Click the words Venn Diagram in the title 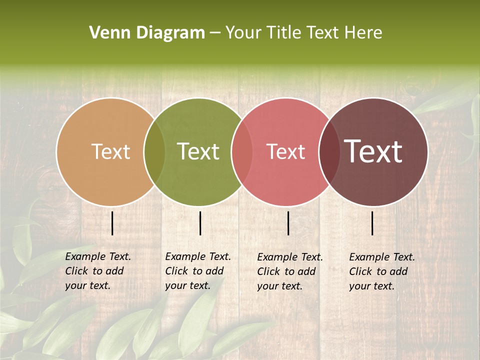coord(147,33)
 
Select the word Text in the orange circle coord(110,151)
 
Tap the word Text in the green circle coord(198,151)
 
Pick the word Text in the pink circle coord(286,151)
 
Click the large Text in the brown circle coord(373,151)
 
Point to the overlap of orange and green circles coord(154,152)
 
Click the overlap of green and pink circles coord(242,152)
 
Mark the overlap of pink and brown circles coord(329,152)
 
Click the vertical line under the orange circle coord(112,223)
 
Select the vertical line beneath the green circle coord(200,223)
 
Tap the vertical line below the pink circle coord(288,223)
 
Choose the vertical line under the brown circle coord(372,223)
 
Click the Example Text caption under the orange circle coord(98,256)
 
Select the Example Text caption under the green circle coord(198,256)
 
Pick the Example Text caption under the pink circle coord(290,257)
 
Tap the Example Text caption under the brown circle coord(382,257)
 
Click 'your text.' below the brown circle coord(372,286)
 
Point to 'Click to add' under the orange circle coord(94,271)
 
